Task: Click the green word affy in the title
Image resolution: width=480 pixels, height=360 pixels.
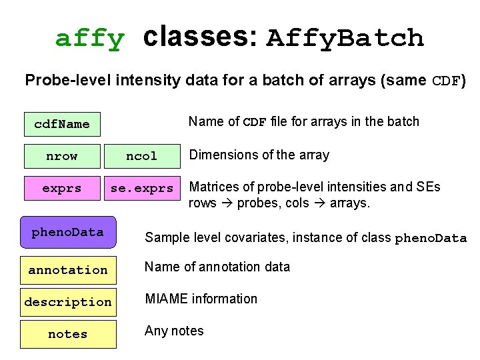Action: point(89,39)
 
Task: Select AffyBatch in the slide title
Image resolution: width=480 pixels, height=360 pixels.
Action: point(345,38)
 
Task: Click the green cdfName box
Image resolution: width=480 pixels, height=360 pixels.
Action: point(62,124)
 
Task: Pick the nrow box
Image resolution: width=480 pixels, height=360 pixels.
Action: point(62,156)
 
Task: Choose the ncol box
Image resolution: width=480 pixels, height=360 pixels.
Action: point(142,156)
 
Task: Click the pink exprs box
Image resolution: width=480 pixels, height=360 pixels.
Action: point(62,188)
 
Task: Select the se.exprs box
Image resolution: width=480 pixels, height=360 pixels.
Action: point(142,188)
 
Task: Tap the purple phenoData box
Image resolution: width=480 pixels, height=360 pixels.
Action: point(68,232)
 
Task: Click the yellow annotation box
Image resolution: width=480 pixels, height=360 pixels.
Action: point(68,270)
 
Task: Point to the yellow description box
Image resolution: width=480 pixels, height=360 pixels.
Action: point(68,302)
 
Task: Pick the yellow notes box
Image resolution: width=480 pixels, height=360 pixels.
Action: point(68,334)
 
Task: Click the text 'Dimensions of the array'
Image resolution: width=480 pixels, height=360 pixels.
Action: point(259,155)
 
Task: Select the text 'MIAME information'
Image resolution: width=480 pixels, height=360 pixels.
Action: point(201,299)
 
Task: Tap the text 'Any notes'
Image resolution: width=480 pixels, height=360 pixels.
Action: point(174,331)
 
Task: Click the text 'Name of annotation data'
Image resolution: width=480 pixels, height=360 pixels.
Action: point(217,267)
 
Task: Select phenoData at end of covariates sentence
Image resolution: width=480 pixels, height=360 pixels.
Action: point(431,238)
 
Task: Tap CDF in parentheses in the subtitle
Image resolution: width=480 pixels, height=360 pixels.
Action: point(446,81)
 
